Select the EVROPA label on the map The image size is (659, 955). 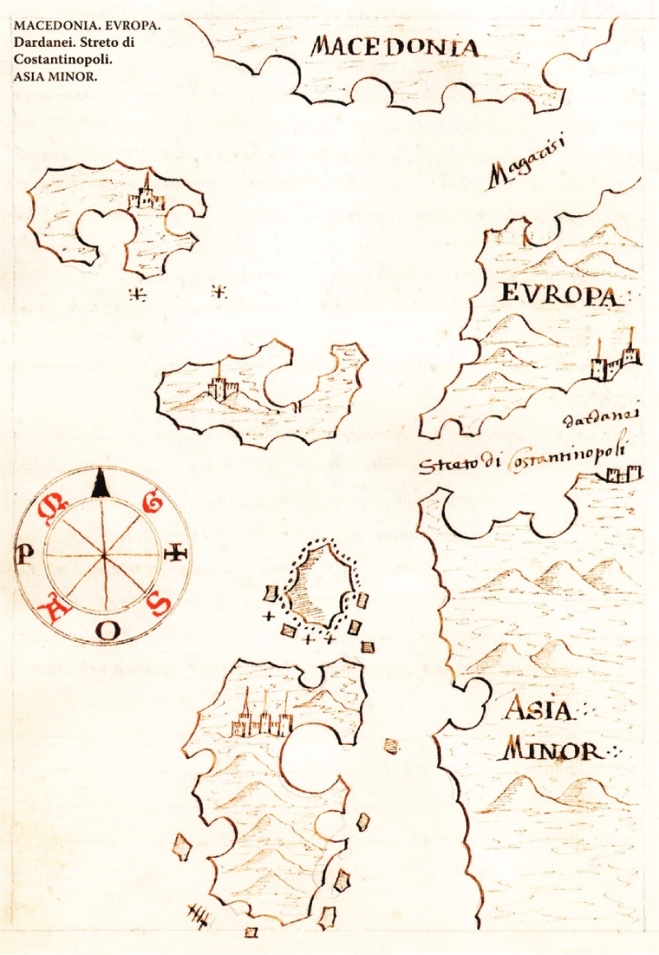(x=558, y=295)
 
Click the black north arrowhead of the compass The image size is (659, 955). (x=100, y=485)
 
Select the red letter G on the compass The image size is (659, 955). (x=154, y=501)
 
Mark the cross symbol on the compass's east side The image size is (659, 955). (x=177, y=555)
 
